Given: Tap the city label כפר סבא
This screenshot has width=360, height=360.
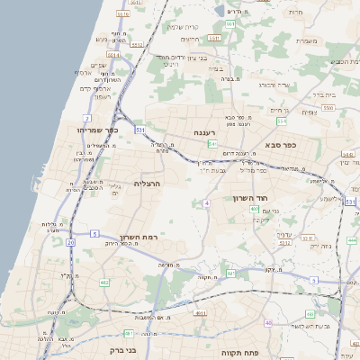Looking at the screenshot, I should (282, 144).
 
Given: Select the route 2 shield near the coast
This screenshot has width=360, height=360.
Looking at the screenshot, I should (87, 118).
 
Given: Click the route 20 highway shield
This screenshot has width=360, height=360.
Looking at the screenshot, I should (70, 242).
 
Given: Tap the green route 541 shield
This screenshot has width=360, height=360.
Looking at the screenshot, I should (212, 144).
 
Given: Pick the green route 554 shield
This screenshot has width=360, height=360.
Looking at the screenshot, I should (282, 120).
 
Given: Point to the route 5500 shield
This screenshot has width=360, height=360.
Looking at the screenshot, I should (328, 108).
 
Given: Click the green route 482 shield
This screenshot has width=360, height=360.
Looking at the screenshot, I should (231, 273).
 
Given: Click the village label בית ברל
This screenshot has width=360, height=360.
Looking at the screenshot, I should (319, 93).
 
